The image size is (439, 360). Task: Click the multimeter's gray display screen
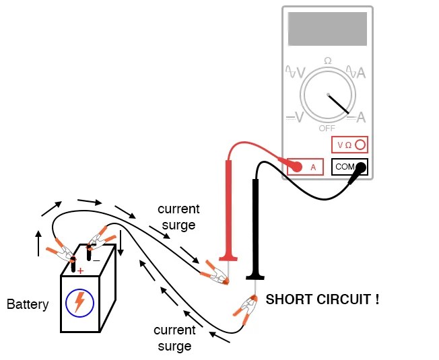(x=327, y=28)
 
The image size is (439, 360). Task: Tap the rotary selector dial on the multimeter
(x=327, y=94)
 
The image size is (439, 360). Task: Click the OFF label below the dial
(x=327, y=128)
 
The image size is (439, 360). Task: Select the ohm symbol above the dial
(x=328, y=61)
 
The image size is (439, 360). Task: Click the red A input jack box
(x=305, y=166)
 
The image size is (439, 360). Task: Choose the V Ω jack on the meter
(x=350, y=144)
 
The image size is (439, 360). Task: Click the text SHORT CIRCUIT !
(x=323, y=299)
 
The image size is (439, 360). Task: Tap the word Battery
(x=28, y=304)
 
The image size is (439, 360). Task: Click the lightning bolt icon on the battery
(x=79, y=302)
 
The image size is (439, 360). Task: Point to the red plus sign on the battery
(x=80, y=271)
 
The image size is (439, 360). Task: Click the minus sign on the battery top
(x=96, y=260)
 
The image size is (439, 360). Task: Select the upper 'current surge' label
(x=177, y=217)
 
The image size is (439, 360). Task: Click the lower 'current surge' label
(x=174, y=338)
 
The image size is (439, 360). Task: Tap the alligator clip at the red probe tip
(x=214, y=273)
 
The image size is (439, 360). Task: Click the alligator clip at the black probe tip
(x=245, y=311)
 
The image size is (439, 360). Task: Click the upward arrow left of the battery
(x=38, y=243)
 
